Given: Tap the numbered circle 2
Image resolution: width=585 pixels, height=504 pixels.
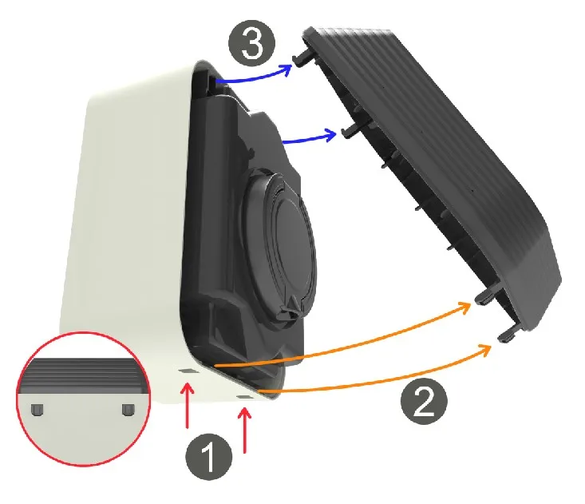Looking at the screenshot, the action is [x=424, y=401].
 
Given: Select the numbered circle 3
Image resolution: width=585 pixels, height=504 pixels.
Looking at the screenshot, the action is [x=252, y=43].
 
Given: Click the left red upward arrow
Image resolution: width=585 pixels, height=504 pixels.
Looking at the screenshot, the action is [x=188, y=406].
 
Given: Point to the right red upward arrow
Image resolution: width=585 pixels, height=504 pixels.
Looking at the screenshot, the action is [x=245, y=431].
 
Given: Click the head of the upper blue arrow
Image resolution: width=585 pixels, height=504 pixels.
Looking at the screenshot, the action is [x=287, y=69].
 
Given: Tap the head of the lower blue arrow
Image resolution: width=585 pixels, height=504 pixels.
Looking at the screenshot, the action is [x=330, y=135].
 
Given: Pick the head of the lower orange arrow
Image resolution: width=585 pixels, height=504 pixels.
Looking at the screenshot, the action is [x=485, y=350].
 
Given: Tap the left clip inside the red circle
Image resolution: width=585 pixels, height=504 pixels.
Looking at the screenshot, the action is [x=37, y=409].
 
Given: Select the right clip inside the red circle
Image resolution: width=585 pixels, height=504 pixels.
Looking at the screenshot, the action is [x=128, y=409].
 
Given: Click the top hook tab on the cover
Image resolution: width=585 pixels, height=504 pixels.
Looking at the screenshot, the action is [x=303, y=58].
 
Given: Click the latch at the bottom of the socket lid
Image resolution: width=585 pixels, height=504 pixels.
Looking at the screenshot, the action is [x=290, y=306].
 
